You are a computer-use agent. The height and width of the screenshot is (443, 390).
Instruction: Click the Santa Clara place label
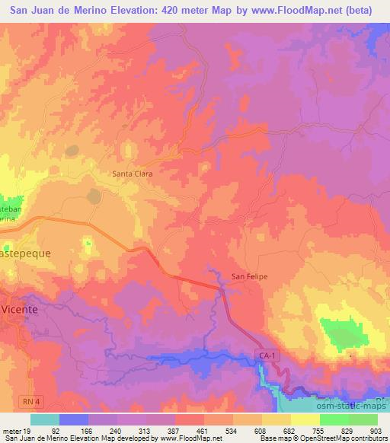click(x=133, y=174)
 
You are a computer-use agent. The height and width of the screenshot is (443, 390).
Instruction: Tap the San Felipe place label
click(x=250, y=276)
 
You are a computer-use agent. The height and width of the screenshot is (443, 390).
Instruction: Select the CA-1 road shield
click(x=264, y=356)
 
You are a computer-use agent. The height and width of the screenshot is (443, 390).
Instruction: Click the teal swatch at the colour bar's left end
click(x=45, y=419)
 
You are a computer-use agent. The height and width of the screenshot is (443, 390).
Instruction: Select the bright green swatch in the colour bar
click(x=334, y=419)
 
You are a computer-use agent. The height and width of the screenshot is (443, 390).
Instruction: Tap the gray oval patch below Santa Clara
click(x=94, y=196)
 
